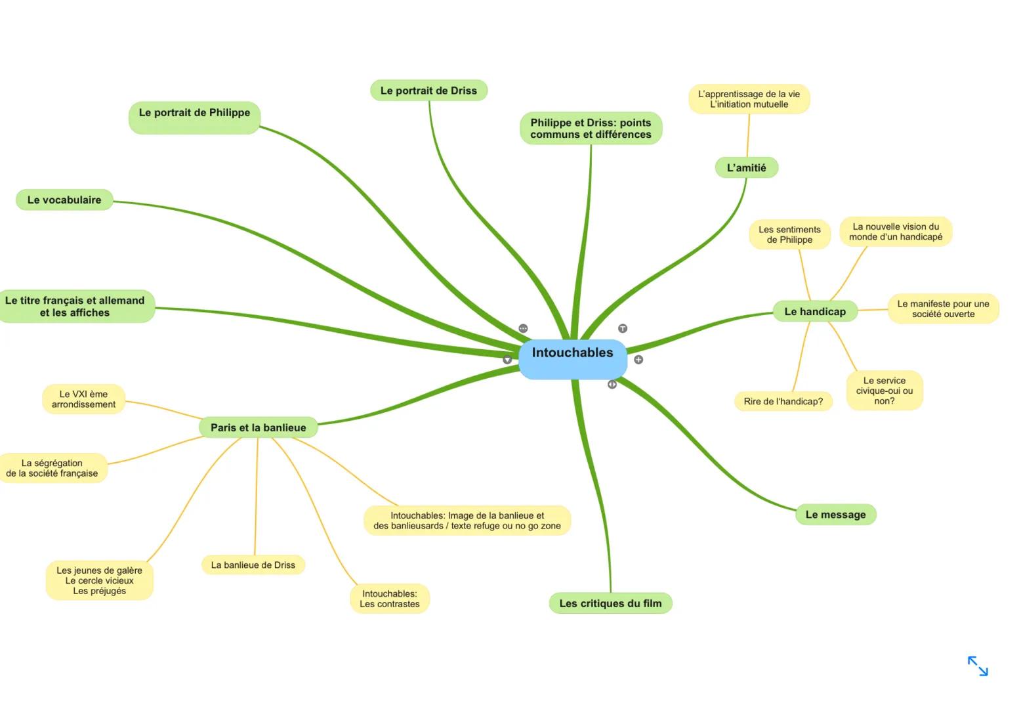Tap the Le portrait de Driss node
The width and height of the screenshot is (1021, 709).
click(x=428, y=91)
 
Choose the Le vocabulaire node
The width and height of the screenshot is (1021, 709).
click(x=64, y=200)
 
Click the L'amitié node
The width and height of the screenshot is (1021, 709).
click(x=746, y=167)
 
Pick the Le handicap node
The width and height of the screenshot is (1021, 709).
click(x=815, y=311)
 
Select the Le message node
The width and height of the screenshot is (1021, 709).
click(x=835, y=515)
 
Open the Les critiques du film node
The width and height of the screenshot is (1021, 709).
click(x=610, y=603)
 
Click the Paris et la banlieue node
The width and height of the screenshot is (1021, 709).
click(x=258, y=427)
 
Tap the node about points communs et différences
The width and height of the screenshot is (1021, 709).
click(x=591, y=128)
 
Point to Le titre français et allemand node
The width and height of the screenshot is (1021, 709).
click(x=75, y=307)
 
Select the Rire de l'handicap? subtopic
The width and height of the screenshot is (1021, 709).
click(x=783, y=401)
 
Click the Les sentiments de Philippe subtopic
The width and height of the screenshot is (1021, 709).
click(x=789, y=234)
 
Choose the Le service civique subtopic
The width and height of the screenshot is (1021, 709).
click(x=884, y=391)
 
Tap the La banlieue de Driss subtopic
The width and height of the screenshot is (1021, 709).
click(x=253, y=565)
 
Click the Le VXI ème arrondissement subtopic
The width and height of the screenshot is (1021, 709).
click(x=83, y=399)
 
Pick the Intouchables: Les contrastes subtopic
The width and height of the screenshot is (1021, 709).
click(x=389, y=599)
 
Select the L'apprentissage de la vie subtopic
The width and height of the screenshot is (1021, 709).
click(x=749, y=99)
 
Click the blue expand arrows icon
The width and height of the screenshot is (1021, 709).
click(x=978, y=666)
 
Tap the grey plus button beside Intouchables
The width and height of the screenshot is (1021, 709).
click(x=638, y=360)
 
